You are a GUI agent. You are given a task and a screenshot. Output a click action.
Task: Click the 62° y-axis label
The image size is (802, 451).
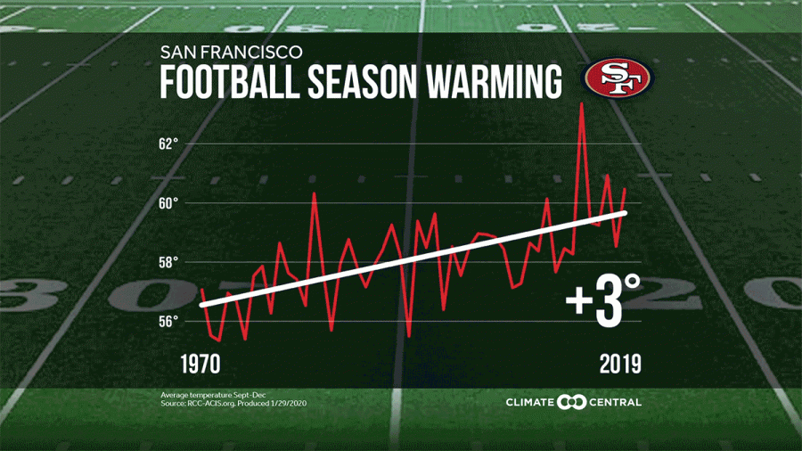[169, 143]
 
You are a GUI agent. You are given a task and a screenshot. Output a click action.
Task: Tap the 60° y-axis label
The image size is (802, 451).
[169, 203]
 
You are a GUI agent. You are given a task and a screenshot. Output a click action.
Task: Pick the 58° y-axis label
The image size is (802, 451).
[169, 262]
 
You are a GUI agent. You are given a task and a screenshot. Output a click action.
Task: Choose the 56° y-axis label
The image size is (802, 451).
[169, 321]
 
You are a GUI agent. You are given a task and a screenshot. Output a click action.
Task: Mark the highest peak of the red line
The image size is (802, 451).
[581, 104]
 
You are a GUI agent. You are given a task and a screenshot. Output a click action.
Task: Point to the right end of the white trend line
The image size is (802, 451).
[626, 212]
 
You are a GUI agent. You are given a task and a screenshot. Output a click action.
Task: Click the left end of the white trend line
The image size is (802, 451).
[202, 306]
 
